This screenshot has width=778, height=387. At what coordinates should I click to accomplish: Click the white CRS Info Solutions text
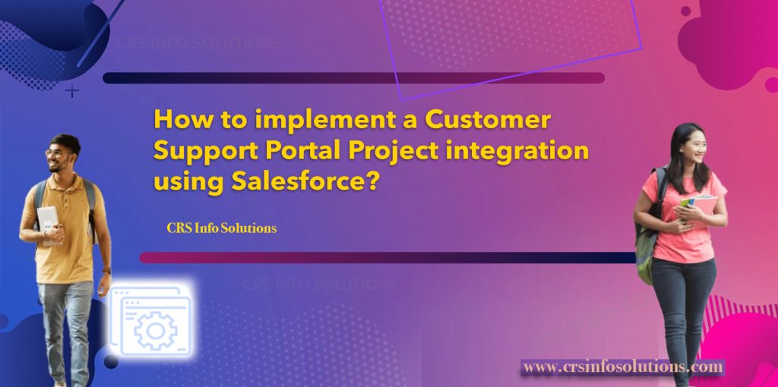(221, 228)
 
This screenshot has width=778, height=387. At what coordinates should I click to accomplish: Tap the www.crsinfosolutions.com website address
(623, 367)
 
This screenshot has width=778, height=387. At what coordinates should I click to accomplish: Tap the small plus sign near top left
(72, 92)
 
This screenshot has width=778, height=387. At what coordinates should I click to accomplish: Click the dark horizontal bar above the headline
(353, 77)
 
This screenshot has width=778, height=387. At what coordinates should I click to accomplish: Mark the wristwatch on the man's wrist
(106, 270)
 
